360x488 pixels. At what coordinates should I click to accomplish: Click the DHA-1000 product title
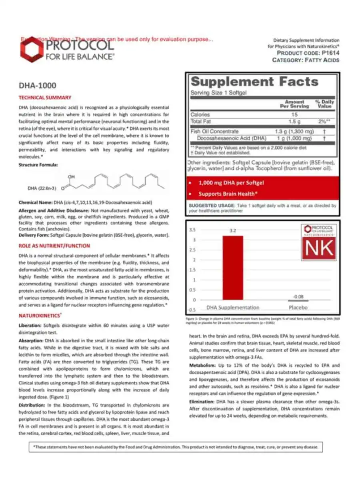click(38, 86)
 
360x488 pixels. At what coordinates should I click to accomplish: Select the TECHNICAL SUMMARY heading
click(45, 97)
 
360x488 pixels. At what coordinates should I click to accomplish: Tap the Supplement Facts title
click(255, 82)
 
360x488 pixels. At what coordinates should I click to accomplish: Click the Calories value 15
click(294, 114)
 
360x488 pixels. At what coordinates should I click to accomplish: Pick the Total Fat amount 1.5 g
click(294, 121)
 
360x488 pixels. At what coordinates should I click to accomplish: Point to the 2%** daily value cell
click(325, 121)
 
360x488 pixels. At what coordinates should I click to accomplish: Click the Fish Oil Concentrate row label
click(214, 131)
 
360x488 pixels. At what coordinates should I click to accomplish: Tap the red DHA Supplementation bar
click(233, 268)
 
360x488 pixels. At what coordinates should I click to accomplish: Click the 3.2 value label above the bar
click(233, 231)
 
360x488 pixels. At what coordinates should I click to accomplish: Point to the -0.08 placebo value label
click(298, 296)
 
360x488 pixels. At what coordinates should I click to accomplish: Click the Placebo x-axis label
click(298, 307)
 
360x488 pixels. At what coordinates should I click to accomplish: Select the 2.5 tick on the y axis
click(192, 250)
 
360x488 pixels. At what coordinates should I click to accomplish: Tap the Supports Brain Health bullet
click(228, 194)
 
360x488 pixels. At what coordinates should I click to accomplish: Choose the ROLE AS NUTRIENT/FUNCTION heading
click(54, 246)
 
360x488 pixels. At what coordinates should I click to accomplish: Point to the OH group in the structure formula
click(71, 176)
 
